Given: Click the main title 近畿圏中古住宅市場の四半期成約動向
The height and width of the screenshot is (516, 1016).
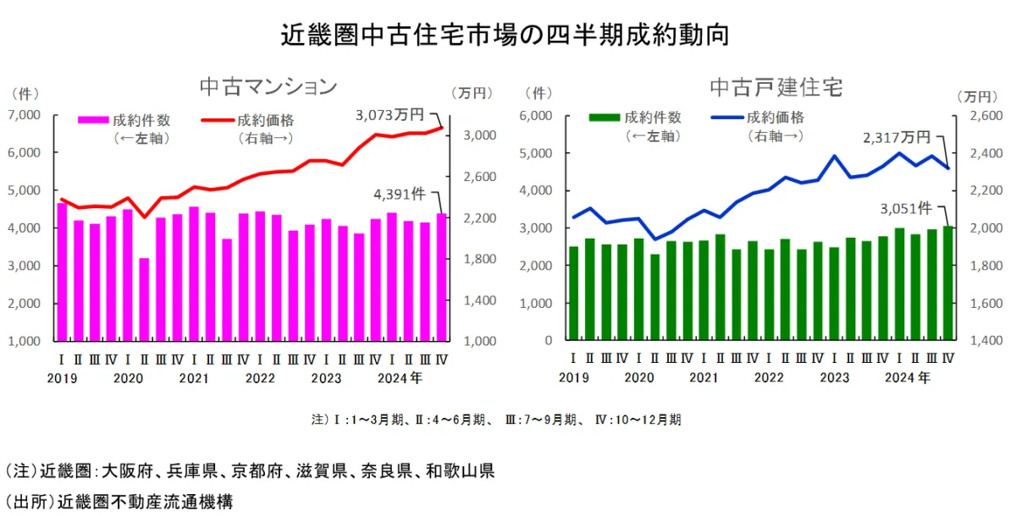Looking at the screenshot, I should click(x=505, y=35).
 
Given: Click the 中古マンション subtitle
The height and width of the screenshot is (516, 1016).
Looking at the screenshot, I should click(x=268, y=86).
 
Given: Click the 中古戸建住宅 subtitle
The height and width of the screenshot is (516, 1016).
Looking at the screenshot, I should click(x=776, y=86).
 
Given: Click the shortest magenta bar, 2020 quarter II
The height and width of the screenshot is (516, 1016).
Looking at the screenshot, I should click(x=144, y=299).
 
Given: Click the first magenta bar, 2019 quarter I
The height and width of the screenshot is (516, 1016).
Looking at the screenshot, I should click(x=62, y=272).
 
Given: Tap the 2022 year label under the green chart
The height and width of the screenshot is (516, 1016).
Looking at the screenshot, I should click(x=768, y=377).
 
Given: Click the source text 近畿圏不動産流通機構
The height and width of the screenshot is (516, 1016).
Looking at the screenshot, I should click(x=145, y=501).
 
